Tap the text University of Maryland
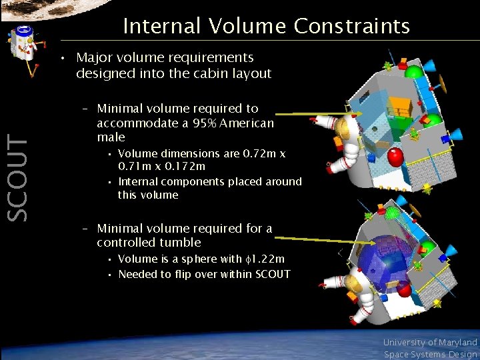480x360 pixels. pos(430,342)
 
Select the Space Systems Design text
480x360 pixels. pos(430,354)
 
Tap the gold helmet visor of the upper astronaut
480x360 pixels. pos(345,126)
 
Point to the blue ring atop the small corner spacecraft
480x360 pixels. pos(24,30)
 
